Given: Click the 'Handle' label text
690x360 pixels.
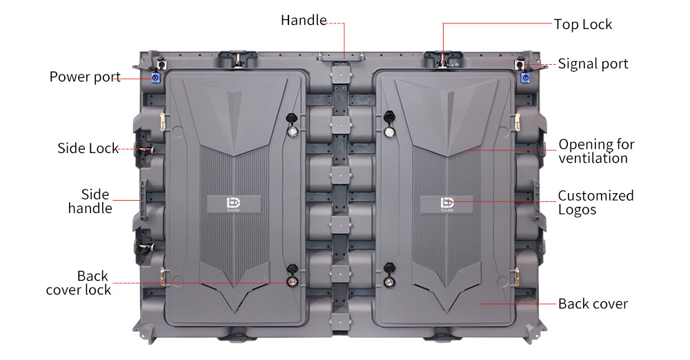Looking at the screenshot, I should coord(304,21).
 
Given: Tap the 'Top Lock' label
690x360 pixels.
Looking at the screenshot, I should coord(582,25).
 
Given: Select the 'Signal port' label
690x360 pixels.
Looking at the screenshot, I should coord(593,64).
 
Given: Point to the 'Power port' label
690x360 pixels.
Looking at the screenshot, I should coord(85,77).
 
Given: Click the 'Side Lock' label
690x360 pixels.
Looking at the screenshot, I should coord(88,148).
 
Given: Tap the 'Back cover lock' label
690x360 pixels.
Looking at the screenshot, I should coord(79,283).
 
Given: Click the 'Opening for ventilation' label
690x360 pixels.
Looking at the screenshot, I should coord(596,151).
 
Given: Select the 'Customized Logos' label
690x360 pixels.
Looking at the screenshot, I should coord(595,202).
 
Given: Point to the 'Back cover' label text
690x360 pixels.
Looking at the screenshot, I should coord(593,304).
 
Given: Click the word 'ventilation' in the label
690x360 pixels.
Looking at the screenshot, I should coord(593,159).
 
